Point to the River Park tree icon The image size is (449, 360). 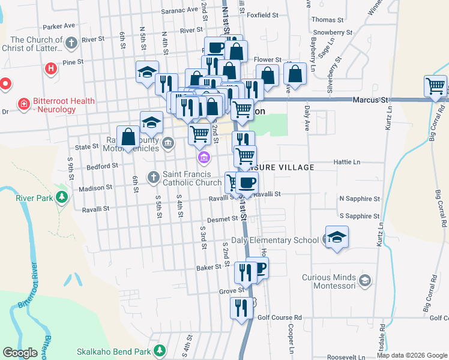pos(61,197)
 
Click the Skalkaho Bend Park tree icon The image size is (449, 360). pos(159,350)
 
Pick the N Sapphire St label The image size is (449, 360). pos(360,198)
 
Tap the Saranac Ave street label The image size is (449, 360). pos(179,10)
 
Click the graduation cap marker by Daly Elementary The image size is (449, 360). pos(337,236)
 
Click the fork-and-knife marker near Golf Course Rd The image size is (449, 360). pos(242,308)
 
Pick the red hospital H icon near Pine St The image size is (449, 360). pos(51,68)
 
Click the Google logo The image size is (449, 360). pos(20,353)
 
